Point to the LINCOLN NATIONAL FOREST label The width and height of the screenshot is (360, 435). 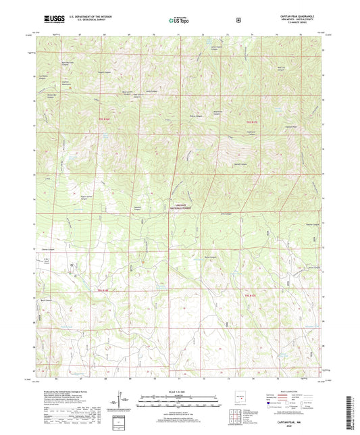point(180,207)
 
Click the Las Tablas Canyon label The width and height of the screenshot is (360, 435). point(45,77)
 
